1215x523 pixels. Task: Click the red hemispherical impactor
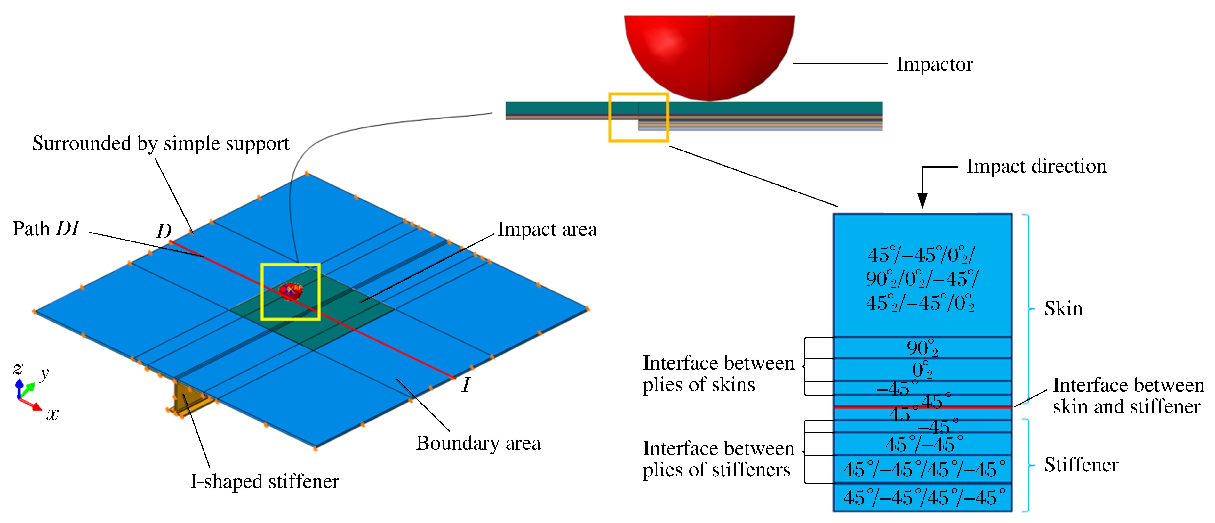tap(709, 52)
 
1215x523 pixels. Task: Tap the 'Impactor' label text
tap(934, 65)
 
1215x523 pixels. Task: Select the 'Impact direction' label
tap(1036, 167)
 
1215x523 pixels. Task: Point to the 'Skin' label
tap(1063, 309)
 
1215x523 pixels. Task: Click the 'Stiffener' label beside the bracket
tap(1081, 465)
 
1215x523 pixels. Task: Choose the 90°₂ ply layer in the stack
tap(922, 348)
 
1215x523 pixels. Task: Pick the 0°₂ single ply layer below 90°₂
tap(922, 370)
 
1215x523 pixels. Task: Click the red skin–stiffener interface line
tap(922, 406)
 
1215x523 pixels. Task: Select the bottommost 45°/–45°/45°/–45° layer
tap(922, 497)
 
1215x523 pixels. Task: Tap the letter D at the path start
tap(164, 231)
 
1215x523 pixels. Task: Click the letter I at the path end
tap(466, 386)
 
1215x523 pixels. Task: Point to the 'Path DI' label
tap(46, 229)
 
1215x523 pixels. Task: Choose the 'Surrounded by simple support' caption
tap(160, 143)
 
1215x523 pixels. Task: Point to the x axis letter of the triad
tap(52, 414)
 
